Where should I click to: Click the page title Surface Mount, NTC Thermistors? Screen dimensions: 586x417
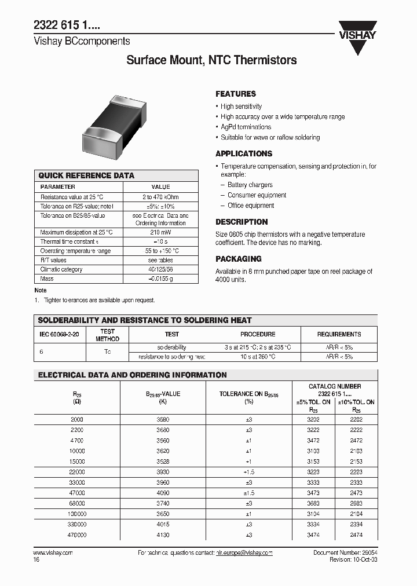[x=211, y=60]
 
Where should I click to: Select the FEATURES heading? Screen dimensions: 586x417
[x=236, y=94]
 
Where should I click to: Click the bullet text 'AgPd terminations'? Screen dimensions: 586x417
[x=246, y=127]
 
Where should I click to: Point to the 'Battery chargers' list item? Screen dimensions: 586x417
[x=250, y=185]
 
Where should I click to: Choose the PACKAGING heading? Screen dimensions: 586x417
[x=239, y=259]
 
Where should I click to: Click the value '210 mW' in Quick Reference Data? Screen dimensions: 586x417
[x=160, y=232]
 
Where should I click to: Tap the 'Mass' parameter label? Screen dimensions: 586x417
[x=47, y=279]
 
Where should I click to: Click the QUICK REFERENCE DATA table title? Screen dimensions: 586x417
[x=86, y=175]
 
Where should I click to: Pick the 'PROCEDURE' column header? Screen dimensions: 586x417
[x=258, y=334]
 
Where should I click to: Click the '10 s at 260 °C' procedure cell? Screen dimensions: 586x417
[x=258, y=357]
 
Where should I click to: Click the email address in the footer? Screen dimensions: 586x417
[x=240, y=553]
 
